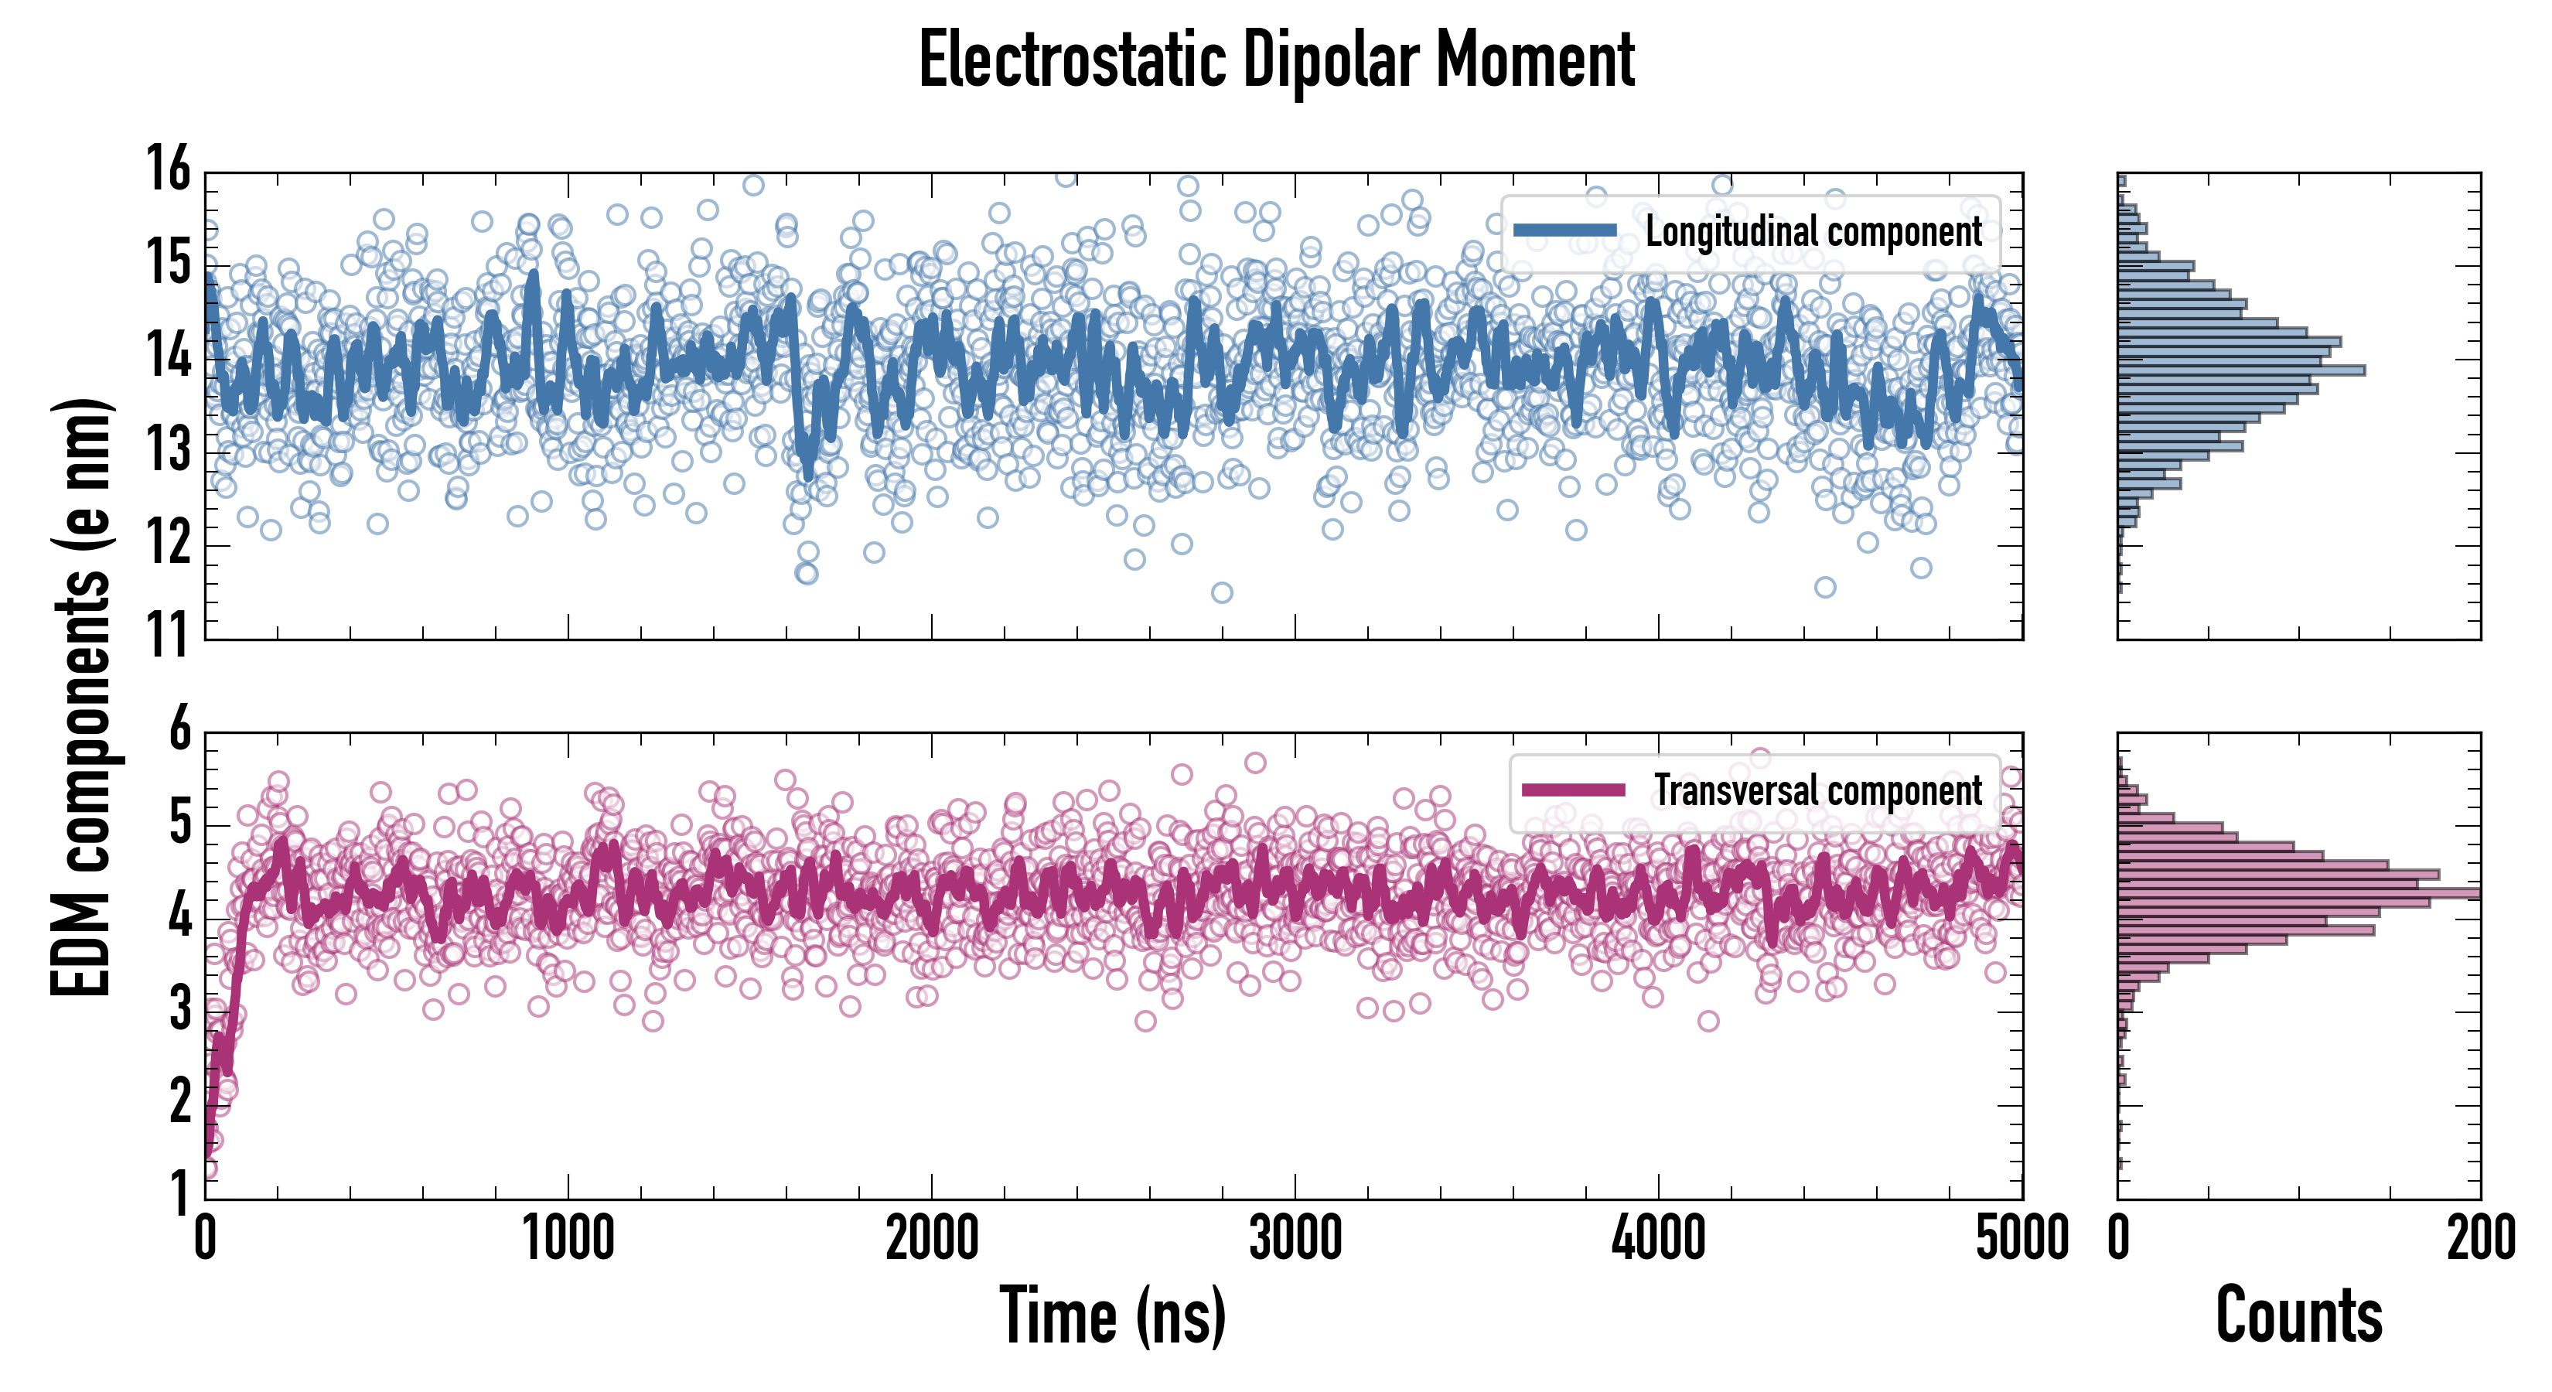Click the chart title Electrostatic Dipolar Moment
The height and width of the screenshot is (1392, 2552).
pyautogui.click(x=1276, y=61)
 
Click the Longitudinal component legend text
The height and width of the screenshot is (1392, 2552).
pyautogui.click(x=1813, y=232)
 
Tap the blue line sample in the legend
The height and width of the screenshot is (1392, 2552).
pyautogui.click(x=1564, y=231)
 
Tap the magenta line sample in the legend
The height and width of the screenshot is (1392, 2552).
pyautogui.click(x=1573, y=790)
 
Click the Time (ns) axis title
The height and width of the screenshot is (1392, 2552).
pyautogui.click(x=1113, y=1315)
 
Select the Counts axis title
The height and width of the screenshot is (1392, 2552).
pyautogui.click(x=2298, y=1315)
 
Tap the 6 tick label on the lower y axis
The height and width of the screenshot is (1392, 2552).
pyautogui.click(x=179, y=730)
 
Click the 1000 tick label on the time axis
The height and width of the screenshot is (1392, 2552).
pyautogui.click(x=568, y=1238)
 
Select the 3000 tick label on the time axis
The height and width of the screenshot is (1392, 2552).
pyautogui.click(x=1295, y=1238)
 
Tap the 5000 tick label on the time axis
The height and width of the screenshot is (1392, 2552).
pyautogui.click(x=2021, y=1238)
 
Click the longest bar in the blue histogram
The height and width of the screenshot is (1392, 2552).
pyautogui.click(x=2241, y=370)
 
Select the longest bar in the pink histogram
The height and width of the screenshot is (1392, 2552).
pyautogui.click(x=2298, y=894)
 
